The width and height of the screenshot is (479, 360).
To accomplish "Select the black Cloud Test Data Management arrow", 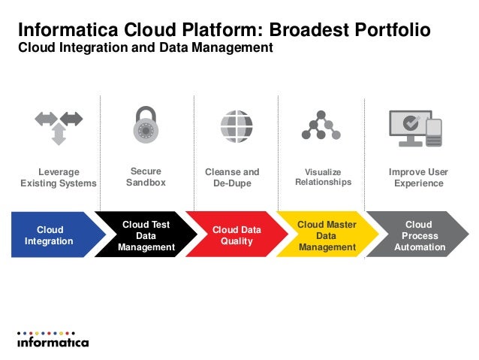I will (144, 235).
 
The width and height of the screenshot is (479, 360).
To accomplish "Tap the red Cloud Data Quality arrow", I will (235, 235).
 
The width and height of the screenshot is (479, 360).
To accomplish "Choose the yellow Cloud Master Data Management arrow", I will (326, 235).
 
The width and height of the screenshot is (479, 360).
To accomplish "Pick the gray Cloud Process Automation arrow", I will (417, 235).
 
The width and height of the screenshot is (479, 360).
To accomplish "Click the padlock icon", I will (146, 125).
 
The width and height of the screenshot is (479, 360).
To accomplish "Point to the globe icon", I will (236, 126).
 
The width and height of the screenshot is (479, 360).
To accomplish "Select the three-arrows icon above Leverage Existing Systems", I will (59, 126).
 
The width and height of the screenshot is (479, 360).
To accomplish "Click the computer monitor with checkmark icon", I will (409, 127).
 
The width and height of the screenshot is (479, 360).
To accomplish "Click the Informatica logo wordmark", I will (53, 342).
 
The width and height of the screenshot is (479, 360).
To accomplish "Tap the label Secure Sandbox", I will (146, 177).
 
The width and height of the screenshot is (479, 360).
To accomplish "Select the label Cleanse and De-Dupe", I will (232, 177).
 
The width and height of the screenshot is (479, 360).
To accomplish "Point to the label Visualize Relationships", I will (323, 177).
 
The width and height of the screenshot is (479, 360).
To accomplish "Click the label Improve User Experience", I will (418, 177).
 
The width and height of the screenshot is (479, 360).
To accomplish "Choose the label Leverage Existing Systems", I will (59, 177).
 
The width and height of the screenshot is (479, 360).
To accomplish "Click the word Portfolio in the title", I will (387, 30).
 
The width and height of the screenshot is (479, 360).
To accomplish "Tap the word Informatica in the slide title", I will (64, 30).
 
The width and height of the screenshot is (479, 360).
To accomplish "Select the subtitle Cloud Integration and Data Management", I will (145, 48).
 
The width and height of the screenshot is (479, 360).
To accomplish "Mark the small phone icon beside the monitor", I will (433, 132).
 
